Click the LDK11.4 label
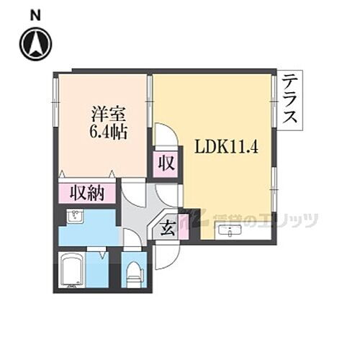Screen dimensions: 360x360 tap(228, 146)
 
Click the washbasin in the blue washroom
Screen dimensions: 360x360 tap(74, 217)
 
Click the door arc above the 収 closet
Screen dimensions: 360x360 tap(163, 135)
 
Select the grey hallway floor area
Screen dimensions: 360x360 tap(137, 212)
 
